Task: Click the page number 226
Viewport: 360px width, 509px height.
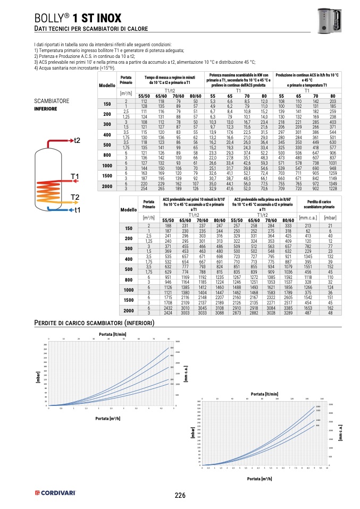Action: point(180,496)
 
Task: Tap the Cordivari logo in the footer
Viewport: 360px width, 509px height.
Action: point(55,493)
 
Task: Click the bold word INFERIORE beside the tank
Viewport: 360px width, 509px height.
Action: point(45,108)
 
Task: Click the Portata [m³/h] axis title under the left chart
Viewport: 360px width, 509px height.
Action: point(108,418)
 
